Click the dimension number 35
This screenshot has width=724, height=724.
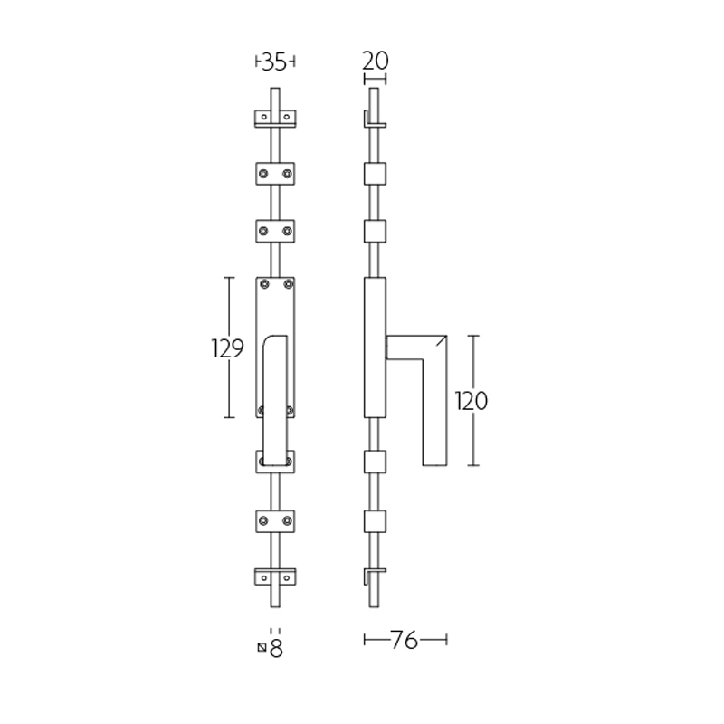275,62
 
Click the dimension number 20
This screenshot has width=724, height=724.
375,61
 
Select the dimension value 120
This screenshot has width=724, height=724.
471,401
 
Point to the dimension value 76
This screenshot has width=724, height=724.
405,641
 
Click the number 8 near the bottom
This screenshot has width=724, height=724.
277,648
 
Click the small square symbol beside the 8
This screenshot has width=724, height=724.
262,647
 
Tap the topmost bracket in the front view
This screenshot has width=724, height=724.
275,119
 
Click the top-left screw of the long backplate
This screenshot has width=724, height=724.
263,285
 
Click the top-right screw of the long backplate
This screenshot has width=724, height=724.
289,285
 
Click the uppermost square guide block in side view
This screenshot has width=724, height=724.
375,174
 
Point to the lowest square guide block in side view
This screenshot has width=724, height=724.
375,521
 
